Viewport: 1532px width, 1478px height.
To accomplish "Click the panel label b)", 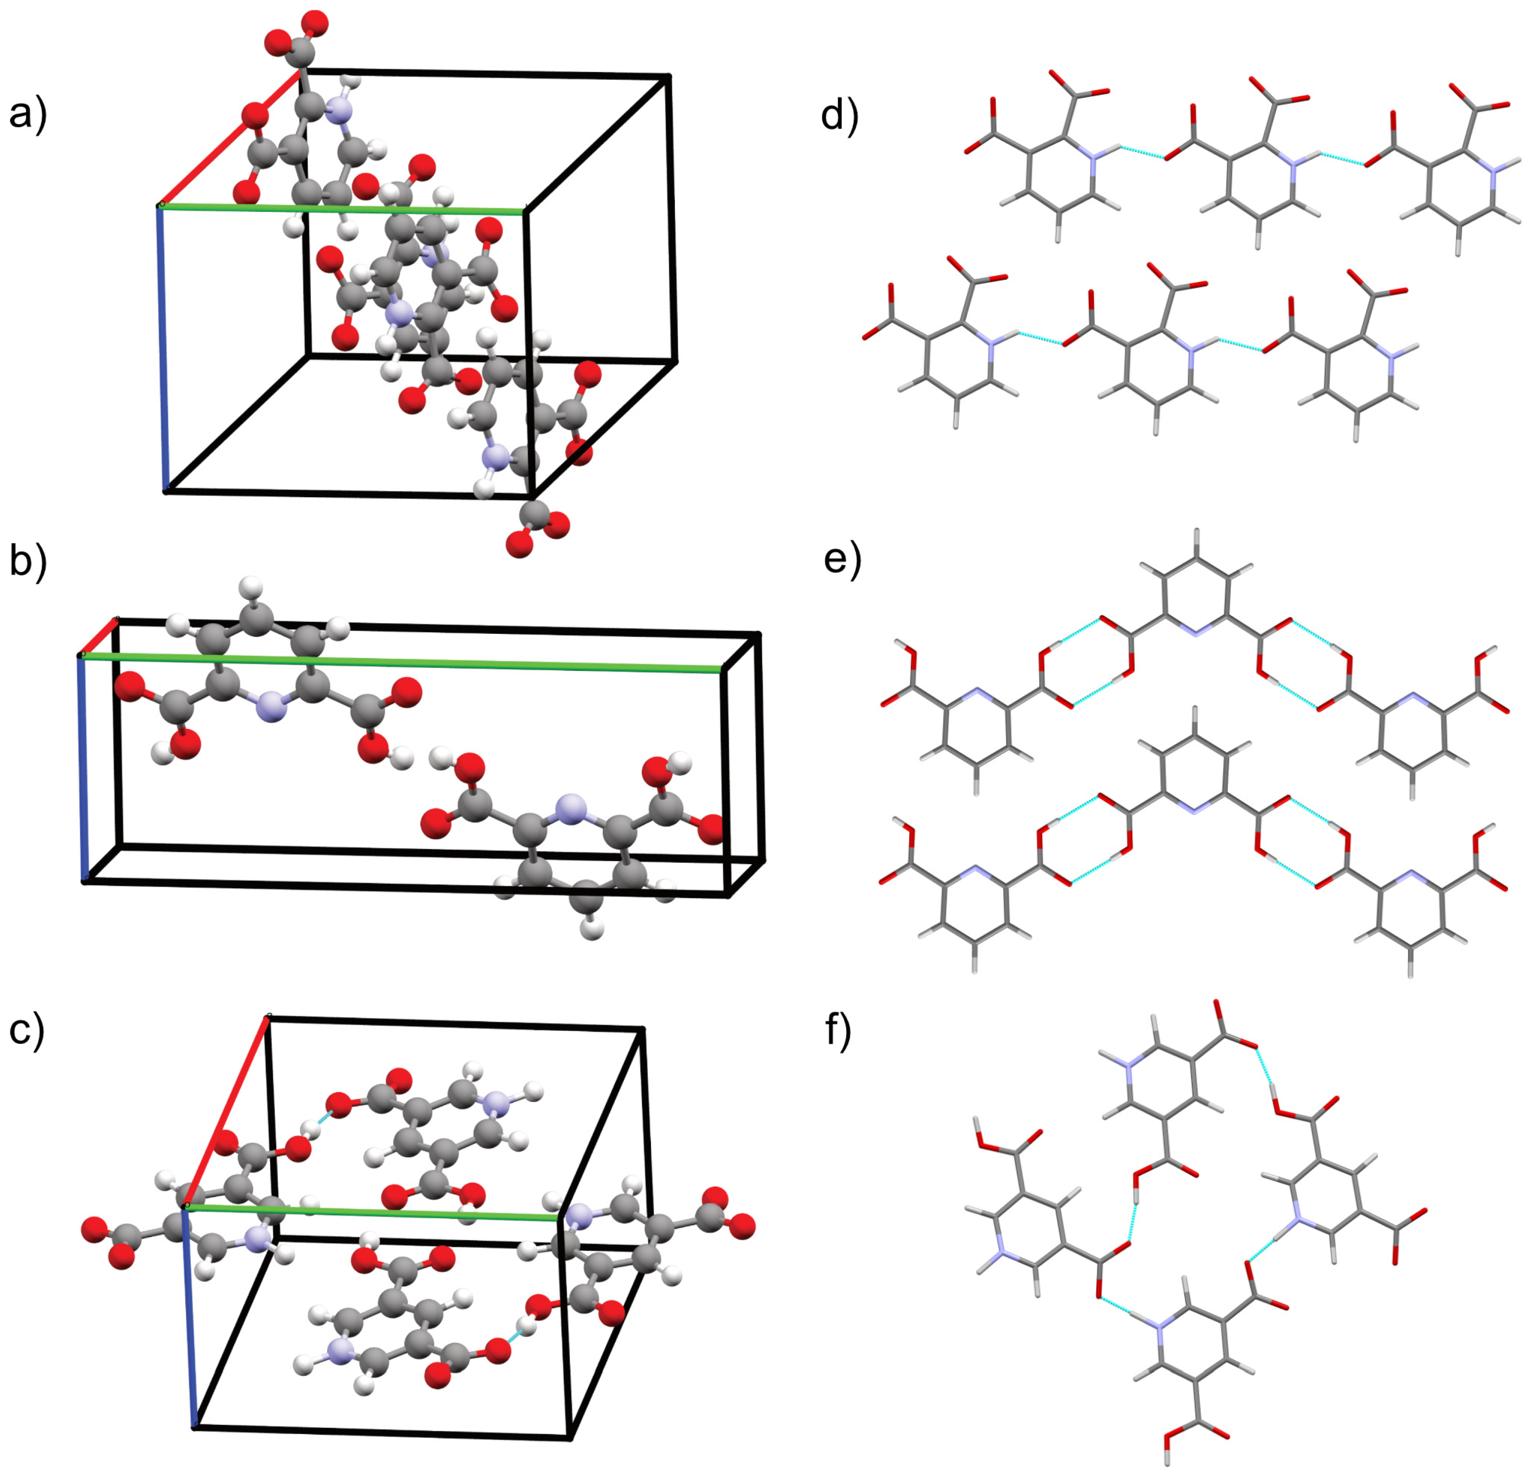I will pos(28,561).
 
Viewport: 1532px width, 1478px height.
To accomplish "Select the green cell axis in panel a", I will pos(438,210).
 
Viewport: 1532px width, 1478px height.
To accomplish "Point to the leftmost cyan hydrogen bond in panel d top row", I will pos(1142,153).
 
